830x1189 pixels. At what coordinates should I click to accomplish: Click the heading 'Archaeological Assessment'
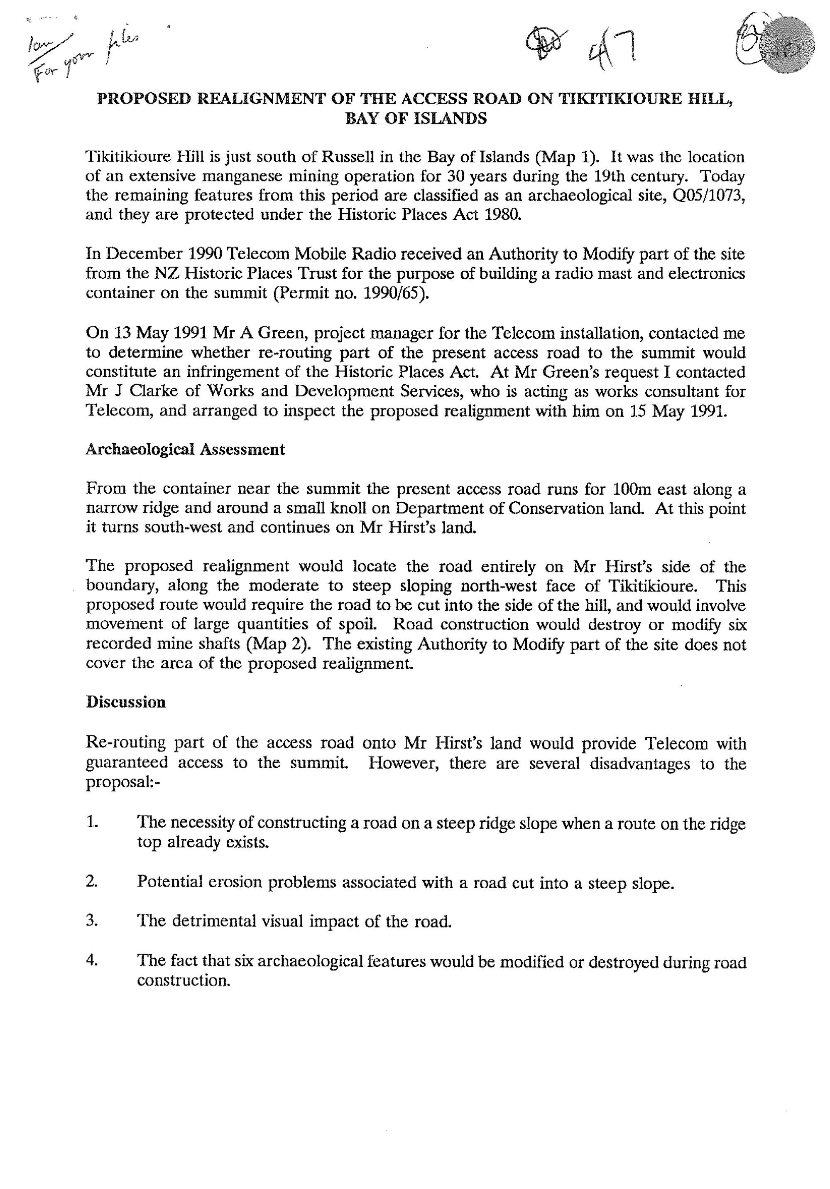click(x=185, y=450)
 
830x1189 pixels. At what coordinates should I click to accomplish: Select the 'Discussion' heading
click(x=126, y=702)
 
